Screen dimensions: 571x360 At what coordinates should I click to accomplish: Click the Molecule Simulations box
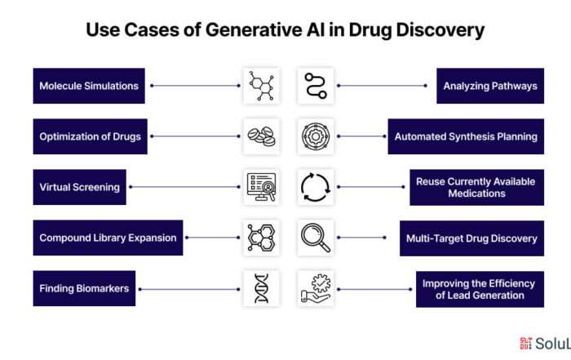click(x=89, y=86)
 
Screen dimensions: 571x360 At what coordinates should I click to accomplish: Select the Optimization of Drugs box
click(x=91, y=136)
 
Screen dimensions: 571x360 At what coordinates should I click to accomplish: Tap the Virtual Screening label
click(x=80, y=187)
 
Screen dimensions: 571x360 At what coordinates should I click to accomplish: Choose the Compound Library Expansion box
click(x=108, y=238)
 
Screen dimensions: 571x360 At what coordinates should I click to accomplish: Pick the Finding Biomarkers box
click(x=84, y=289)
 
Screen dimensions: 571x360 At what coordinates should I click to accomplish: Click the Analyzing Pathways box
click(x=490, y=86)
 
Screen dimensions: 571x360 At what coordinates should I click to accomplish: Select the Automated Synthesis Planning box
click(x=466, y=136)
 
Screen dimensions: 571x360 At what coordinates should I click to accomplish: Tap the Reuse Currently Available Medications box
click(x=476, y=187)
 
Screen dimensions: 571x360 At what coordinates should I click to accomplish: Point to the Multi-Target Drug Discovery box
click(x=471, y=238)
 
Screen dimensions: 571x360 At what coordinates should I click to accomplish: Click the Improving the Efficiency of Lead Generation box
click(x=480, y=289)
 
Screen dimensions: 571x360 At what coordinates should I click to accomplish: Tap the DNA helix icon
click(x=262, y=289)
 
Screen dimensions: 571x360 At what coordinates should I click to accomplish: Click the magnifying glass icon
click(x=316, y=238)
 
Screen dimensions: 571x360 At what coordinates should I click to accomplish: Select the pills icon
click(x=262, y=136)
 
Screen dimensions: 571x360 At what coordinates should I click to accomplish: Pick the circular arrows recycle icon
click(x=316, y=187)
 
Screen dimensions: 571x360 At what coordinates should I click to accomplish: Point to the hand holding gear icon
click(x=316, y=288)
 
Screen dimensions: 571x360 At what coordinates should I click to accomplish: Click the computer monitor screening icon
click(x=262, y=187)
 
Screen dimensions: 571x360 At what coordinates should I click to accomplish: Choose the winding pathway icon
click(x=316, y=86)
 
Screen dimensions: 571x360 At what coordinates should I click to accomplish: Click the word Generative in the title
click(x=254, y=29)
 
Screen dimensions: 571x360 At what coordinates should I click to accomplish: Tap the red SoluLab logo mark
click(x=526, y=343)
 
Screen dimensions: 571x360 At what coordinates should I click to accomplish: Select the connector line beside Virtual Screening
click(x=184, y=187)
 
